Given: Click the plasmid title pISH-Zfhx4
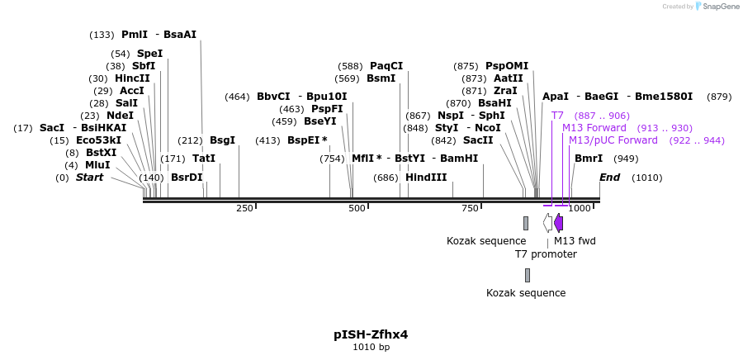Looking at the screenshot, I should [371, 334].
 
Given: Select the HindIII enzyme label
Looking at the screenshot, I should [425, 178].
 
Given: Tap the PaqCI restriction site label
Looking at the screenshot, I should [386, 66].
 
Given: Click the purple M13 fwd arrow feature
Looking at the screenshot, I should [559, 223].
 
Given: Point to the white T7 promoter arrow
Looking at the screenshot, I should [547, 223].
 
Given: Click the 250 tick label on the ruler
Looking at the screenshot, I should [244, 209].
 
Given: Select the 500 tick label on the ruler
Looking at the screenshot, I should [357, 209].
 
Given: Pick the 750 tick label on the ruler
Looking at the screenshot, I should [470, 209].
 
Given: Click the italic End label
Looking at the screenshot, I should [609, 178].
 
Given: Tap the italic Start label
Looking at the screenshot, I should [90, 178].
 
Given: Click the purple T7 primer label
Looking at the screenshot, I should [557, 116].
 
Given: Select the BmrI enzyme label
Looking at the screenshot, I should [589, 159].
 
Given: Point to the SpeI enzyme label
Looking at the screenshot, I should [149, 54].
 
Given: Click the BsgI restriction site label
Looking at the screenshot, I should [222, 140].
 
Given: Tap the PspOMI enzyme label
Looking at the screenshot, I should [507, 66].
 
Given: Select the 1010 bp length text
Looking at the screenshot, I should [371, 348].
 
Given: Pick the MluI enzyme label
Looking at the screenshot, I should [97, 165].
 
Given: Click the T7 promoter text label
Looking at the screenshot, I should [546, 254].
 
